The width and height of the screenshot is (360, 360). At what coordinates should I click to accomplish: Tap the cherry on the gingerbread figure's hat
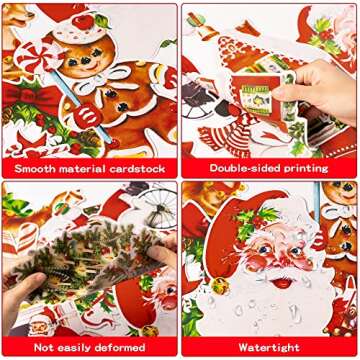103,19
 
